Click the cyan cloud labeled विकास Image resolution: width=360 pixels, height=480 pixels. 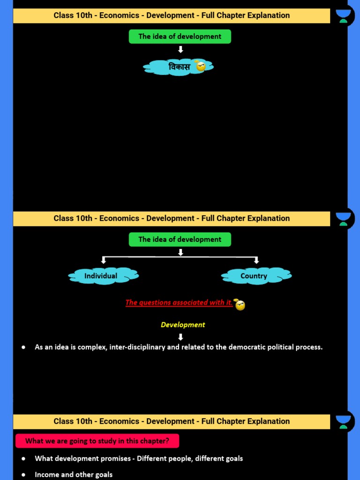click(x=173, y=67)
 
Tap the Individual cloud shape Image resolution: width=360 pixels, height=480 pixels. click(x=103, y=276)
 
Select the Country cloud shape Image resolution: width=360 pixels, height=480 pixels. click(x=256, y=276)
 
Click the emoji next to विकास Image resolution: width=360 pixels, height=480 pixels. click(x=201, y=66)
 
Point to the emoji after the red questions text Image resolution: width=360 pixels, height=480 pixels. click(x=240, y=305)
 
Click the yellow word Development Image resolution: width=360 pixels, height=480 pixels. click(x=183, y=324)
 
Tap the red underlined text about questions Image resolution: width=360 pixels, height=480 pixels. click(x=179, y=302)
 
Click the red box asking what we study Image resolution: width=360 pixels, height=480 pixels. click(x=97, y=441)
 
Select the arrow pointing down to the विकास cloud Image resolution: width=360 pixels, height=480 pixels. click(x=180, y=49)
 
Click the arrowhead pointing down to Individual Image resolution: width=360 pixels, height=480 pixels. click(x=104, y=260)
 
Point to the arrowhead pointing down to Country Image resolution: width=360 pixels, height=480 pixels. click(x=256, y=260)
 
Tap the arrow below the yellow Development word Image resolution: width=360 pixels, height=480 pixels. click(x=180, y=337)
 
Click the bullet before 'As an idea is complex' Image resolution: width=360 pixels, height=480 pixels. click(x=23, y=347)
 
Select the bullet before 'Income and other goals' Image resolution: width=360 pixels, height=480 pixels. click(x=23, y=475)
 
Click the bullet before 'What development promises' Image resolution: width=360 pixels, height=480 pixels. click(x=23, y=458)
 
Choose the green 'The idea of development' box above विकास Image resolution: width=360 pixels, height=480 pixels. click(x=180, y=37)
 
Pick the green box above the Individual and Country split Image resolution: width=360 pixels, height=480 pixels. click(x=180, y=240)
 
